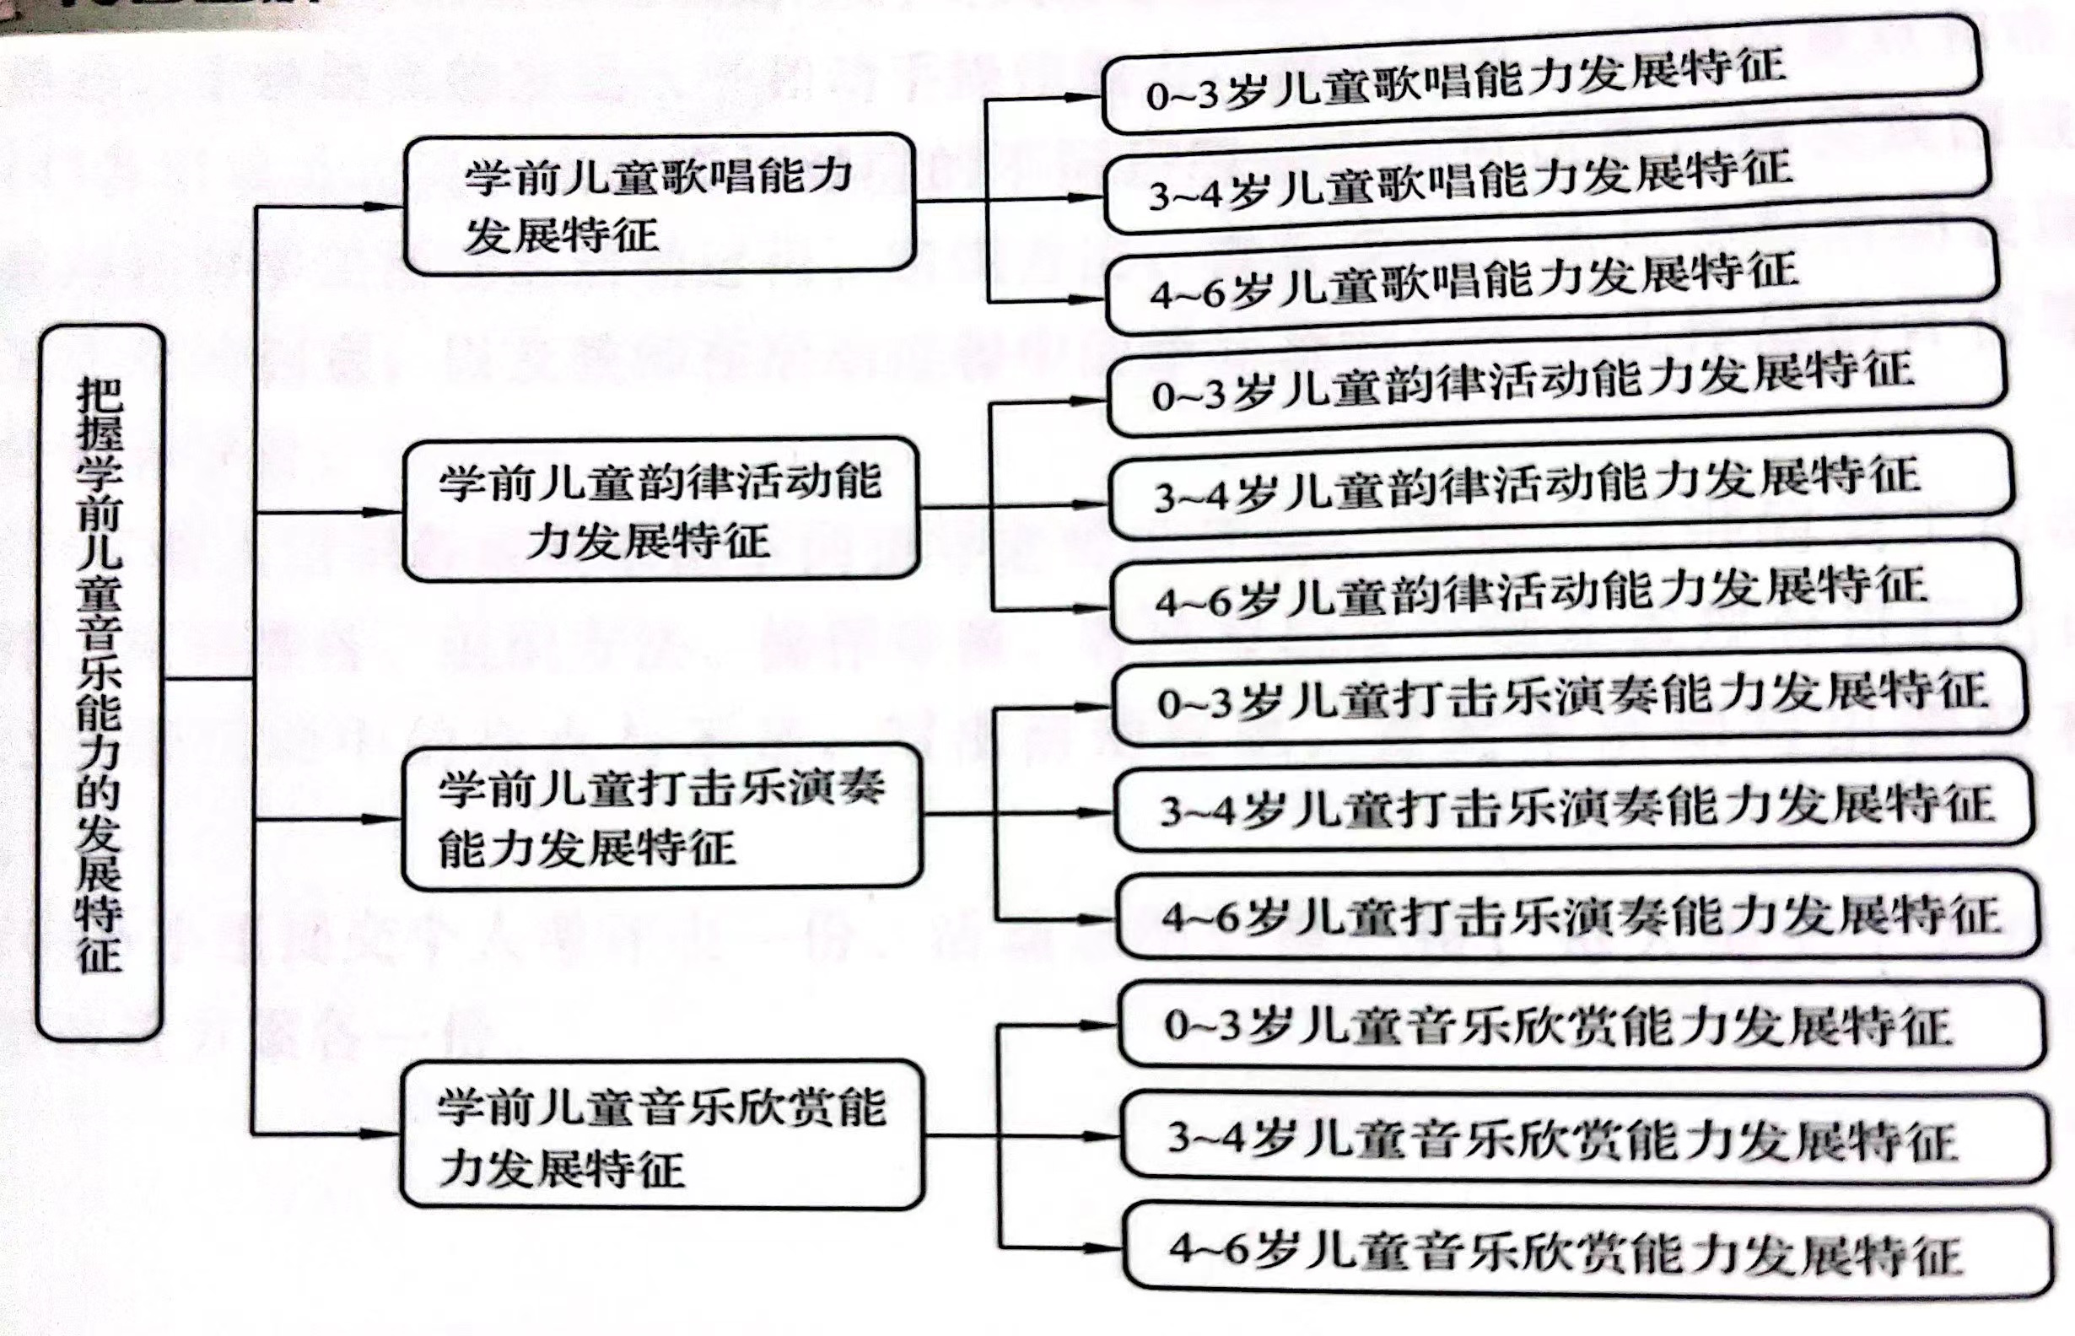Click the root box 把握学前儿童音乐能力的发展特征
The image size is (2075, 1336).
[x=100, y=681]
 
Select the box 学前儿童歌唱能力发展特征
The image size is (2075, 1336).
[x=660, y=204]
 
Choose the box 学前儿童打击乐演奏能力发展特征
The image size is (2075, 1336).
[x=661, y=816]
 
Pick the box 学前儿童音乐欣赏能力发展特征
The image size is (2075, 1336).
[x=662, y=1134]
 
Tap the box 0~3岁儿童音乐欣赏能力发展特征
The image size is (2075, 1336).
[x=1582, y=1026]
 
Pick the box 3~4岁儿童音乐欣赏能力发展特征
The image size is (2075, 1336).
[x=1586, y=1137]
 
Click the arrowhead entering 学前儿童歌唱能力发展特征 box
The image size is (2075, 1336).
[x=385, y=207]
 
